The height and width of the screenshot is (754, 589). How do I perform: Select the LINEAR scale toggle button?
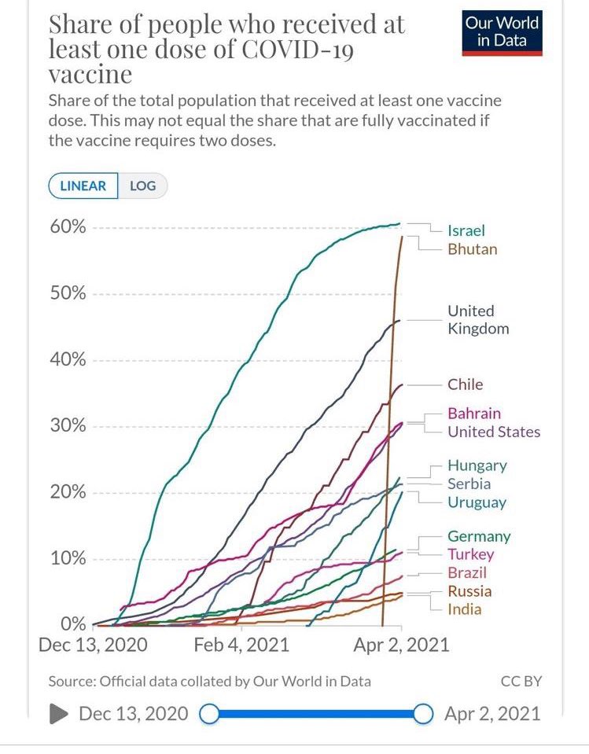[x=83, y=186]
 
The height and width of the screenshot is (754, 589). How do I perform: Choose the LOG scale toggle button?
[x=142, y=186]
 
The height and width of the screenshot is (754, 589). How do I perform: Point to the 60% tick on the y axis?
[x=68, y=227]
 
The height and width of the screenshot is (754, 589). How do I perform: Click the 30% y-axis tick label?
[x=68, y=426]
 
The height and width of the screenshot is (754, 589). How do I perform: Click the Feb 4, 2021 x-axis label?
[x=241, y=645]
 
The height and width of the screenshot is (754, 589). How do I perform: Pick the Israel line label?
[x=466, y=230]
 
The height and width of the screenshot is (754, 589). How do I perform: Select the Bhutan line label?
[x=472, y=249]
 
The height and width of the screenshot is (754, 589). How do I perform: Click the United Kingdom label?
[x=478, y=319]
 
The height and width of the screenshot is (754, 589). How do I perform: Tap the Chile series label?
[x=466, y=384]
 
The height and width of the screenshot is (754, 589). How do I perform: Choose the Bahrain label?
[x=474, y=413]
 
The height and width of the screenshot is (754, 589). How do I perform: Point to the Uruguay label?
[x=477, y=502]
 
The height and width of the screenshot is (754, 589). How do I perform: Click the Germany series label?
[x=479, y=536]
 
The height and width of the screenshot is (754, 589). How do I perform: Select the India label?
[x=465, y=609]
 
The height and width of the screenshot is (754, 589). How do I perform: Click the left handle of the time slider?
[x=209, y=714]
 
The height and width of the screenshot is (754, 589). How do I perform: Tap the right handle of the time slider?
[x=423, y=714]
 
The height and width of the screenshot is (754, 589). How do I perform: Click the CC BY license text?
[x=521, y=681]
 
